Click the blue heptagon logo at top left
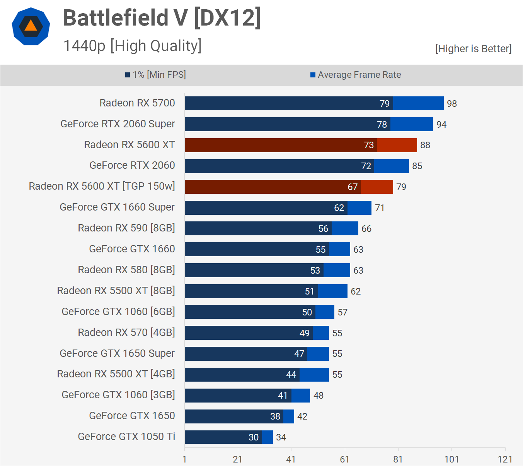31,26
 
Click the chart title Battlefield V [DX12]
162,18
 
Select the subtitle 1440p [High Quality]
132,46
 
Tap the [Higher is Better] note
473,49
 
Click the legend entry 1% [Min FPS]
155,75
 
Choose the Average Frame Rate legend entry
356,75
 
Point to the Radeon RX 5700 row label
137,103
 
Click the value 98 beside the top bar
452,104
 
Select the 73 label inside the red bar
369,145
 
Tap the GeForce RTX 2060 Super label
118,124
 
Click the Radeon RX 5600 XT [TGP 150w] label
102,186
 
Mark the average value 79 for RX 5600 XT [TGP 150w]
401,187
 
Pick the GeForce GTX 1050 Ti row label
126,437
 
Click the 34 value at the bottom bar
281,437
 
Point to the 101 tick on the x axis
451,459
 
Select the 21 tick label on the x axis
237,459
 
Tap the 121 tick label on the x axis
505,459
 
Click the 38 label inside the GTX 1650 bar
275,416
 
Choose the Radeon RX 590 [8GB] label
126,228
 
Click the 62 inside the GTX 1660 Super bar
339,208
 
